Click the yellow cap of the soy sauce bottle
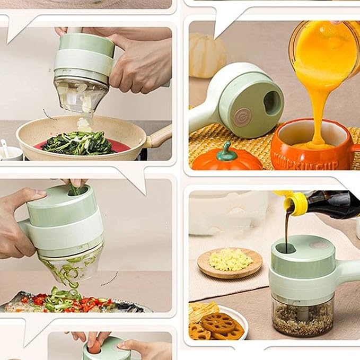point(295,204)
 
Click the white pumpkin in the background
point(207,55)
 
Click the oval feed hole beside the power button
point(272,102)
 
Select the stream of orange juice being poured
point(317,106)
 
